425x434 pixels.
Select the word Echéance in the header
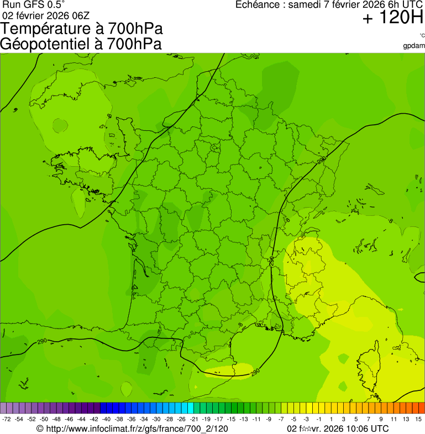click(259, 5)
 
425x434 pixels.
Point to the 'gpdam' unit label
click(414, 45)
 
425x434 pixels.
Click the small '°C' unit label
click(422, 35)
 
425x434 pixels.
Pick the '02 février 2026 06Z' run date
click(46, 15)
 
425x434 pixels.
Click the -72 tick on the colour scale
click(6, 420)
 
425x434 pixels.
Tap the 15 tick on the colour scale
click(419, 420)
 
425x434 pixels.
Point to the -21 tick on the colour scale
click(194, 420)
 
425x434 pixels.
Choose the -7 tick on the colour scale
click(281, 420)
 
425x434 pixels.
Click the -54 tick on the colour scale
click(19, 420)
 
